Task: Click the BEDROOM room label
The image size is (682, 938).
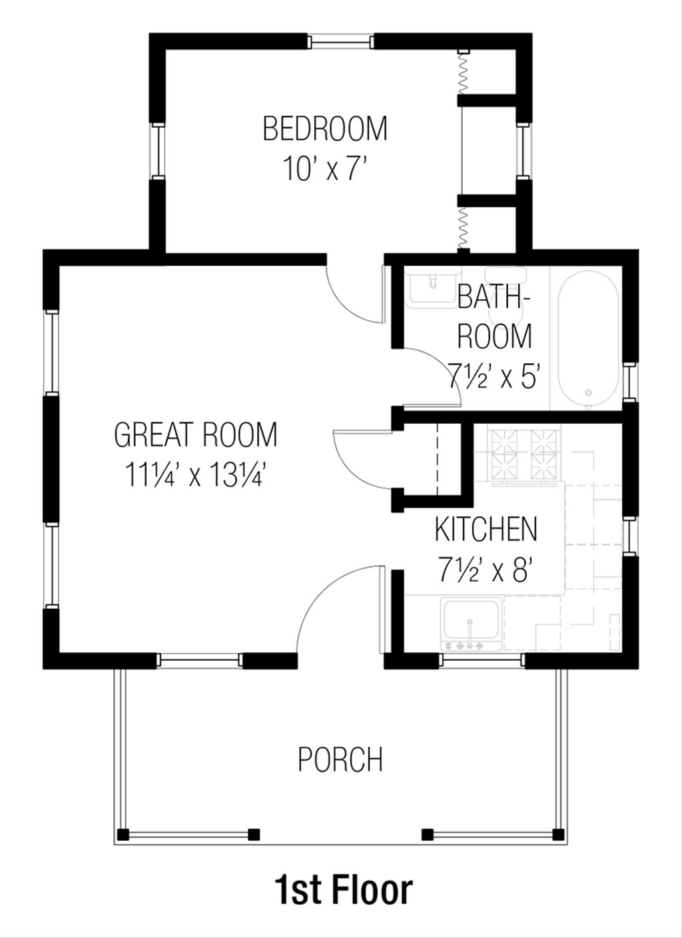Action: (325, 129)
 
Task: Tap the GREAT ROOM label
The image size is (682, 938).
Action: (195, 435)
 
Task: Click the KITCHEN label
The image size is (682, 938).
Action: (486, 529)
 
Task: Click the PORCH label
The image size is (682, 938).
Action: (340, 759)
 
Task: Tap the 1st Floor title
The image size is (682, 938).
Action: (343, 890)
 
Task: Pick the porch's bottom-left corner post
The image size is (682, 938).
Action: (122, 834)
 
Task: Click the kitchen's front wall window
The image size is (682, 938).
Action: (483, 660)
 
